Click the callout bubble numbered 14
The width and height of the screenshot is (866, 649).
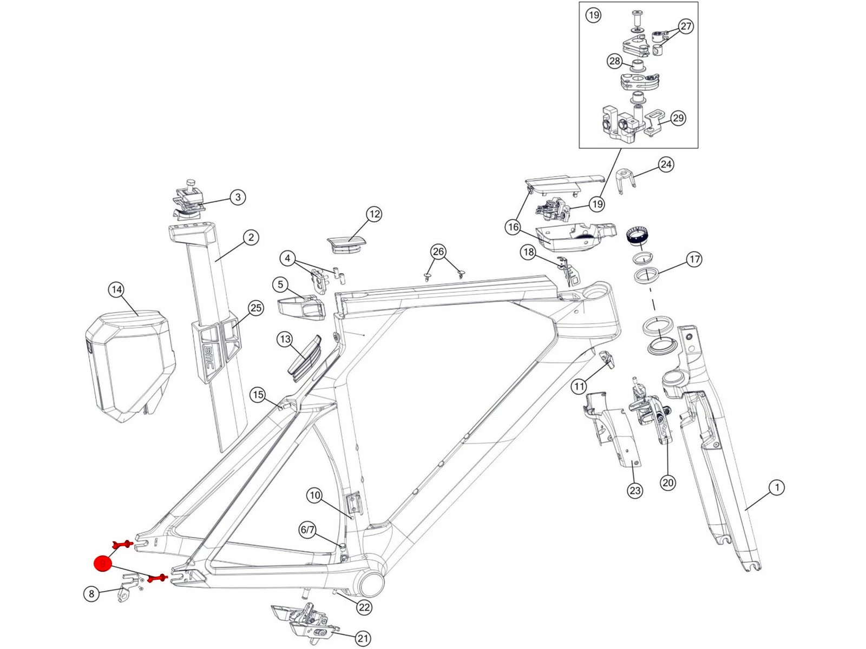pyautogui.click(x=116, y=290)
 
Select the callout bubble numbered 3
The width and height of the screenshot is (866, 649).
pyautogui.click(x=238, y=197)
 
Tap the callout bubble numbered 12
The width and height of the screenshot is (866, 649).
pyautogui.click(x=374, y=214)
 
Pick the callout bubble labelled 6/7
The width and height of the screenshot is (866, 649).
pyautogui.click(x=307, y=529)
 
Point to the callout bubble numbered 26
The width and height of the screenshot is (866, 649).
pyautogui.click(x=438, y=251)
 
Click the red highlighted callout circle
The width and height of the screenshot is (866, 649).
pyautogui.click(x=102, y=564)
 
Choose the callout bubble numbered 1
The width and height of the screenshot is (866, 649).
pyautogui.click(x=777, y=488)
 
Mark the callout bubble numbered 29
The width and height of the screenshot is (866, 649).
pyautogui.click(x=678, y=118)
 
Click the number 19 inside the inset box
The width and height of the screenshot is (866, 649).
pyautogui.click(x=594, y=15)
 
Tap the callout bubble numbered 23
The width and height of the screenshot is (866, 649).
pyautogui.click(x=635, y=491)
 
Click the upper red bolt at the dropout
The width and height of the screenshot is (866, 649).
pyautogui.click(x=122, y=544)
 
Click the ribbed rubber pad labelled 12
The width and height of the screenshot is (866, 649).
pyautogui.click(x=346, y=243)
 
